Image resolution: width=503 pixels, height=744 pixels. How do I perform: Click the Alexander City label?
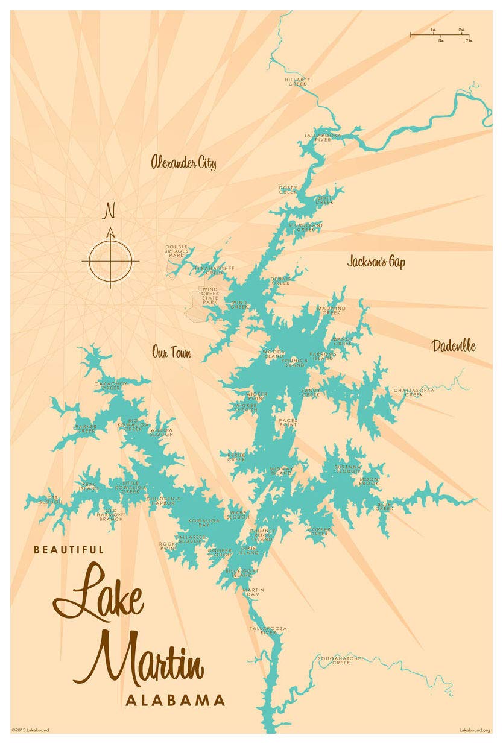click(x=183, y=162)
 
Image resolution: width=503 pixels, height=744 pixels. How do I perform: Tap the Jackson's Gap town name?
click(x=376, y=262)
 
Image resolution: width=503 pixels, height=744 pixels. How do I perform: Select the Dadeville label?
click(x=454, y=346)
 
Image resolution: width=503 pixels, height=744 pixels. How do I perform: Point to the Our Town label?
click(x=171, y=352)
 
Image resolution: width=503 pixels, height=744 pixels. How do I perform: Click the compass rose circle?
click(x=110, y=261)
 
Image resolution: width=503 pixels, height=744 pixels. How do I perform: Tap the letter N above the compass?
click(x=110, y=211)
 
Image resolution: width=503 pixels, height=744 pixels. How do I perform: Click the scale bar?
click(x=440, y=35)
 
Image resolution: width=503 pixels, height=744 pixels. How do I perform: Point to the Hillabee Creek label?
click(x=297, y=81)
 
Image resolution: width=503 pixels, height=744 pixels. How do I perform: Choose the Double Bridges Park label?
click(x=177, y=251)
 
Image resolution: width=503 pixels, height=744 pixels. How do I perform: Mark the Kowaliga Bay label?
click(x=199, y=522)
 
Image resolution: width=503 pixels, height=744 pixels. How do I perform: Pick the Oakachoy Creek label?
click(x=111, y=386)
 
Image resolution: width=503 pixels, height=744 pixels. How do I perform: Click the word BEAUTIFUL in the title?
click(x=69, y=550)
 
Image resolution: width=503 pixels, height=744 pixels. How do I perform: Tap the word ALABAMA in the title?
click(x=175, y=701)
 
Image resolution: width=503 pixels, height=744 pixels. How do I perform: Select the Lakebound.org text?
click(x=475, y=730)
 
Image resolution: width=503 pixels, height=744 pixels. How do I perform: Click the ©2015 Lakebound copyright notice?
click(x=30, y=730)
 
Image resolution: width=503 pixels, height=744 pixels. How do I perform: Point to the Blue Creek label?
click(x=384, y=506)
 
